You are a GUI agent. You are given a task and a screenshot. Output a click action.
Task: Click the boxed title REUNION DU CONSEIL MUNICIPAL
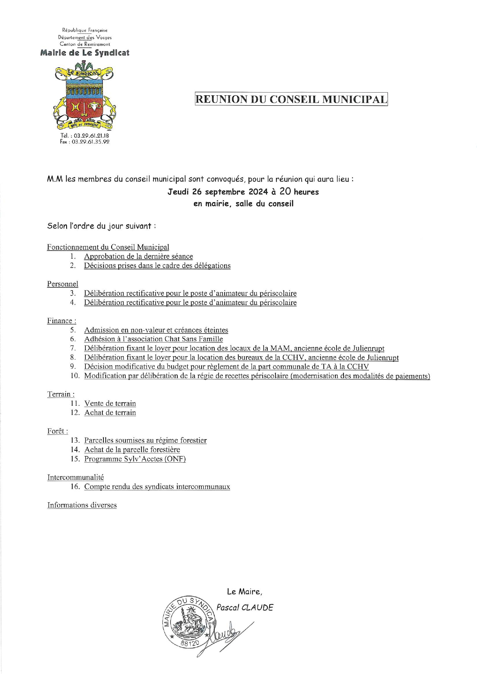point(291,99)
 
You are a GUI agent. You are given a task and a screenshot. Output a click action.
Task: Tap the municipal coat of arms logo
point(85,96)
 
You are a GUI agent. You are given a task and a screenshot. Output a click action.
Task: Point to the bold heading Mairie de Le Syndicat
point(85,53)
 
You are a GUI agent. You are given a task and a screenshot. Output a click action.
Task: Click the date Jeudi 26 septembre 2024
point(217,192)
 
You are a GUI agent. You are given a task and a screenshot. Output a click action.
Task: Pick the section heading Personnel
point(63,284)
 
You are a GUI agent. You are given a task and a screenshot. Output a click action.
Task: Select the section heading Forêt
point(57,431)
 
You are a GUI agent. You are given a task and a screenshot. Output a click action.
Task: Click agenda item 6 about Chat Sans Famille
point(153,339)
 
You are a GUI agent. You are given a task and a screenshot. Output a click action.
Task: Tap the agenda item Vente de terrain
point(110,403)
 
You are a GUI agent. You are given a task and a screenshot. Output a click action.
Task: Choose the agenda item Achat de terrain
point(110,413)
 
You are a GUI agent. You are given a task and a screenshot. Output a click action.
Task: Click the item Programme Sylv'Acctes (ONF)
point(135,459)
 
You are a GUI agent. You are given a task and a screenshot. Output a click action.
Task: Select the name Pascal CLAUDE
point(245,608)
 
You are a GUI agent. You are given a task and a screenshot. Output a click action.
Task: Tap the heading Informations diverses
point(82,505)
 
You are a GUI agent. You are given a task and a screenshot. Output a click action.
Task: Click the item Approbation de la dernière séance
point(138,256)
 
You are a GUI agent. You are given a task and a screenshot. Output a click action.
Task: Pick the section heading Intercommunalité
point(75,477)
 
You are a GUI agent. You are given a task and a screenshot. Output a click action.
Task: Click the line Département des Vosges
point(85,37)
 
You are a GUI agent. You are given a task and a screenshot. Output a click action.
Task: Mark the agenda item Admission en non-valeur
point(156,330)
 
